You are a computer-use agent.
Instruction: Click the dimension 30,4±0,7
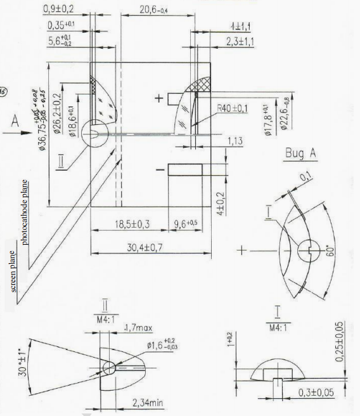(136, 247)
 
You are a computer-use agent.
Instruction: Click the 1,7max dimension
(136, 328)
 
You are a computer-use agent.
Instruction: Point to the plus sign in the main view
(158, 98)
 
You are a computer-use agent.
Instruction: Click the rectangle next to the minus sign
(185, 169)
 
